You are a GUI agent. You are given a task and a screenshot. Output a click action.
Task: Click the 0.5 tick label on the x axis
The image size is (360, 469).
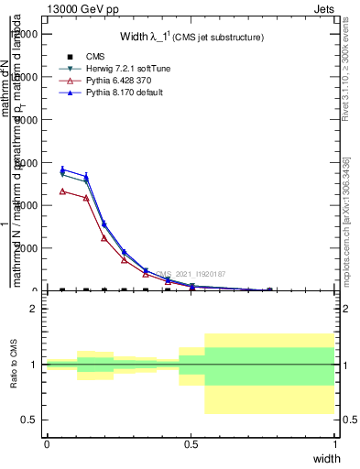click(x=191, y=444)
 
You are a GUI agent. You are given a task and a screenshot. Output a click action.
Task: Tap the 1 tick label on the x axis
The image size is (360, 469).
click(x=335, y=444)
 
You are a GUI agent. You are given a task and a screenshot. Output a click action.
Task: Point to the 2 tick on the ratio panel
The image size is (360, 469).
click(x=33, y=310)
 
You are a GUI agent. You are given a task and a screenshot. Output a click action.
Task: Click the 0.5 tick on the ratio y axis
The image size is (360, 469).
click(x=29, y=420)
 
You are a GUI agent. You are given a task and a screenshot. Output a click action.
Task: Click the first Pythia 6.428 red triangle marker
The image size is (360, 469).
click(x=62, y=191)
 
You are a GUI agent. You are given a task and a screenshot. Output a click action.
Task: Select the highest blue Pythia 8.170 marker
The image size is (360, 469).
click(x=62, y=169)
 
